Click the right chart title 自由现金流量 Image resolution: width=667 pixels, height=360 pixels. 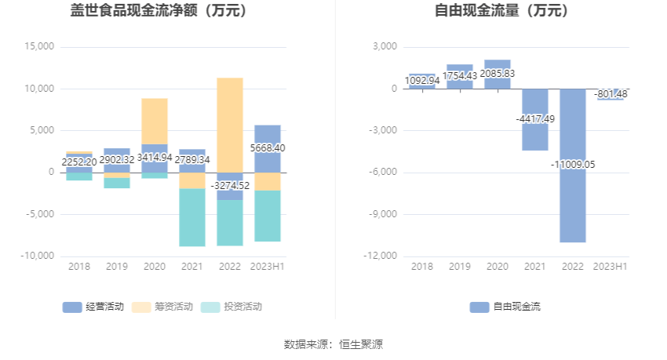click(502, 12)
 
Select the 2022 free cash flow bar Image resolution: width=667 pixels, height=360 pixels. click(573, 196)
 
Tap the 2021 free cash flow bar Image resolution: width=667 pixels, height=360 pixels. click(535, 133)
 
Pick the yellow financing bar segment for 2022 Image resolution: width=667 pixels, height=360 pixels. click(230, 125)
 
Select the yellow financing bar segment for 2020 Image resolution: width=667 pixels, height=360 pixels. click(155, 121)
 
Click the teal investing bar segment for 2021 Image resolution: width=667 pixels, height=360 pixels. click(192, 217)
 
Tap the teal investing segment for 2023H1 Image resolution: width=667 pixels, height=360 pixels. click(268, 216)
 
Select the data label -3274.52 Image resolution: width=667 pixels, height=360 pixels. click(230, 186)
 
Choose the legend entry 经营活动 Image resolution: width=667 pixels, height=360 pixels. click(93, 307)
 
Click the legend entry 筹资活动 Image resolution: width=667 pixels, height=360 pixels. click(162, 307)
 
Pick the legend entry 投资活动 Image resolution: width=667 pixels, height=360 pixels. click(232, 307)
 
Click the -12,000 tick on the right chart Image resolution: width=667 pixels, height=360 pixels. click(381, 256)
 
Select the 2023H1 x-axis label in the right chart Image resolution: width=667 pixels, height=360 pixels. click(611, 267)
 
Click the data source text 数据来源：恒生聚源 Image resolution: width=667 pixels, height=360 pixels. click(333, 344)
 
